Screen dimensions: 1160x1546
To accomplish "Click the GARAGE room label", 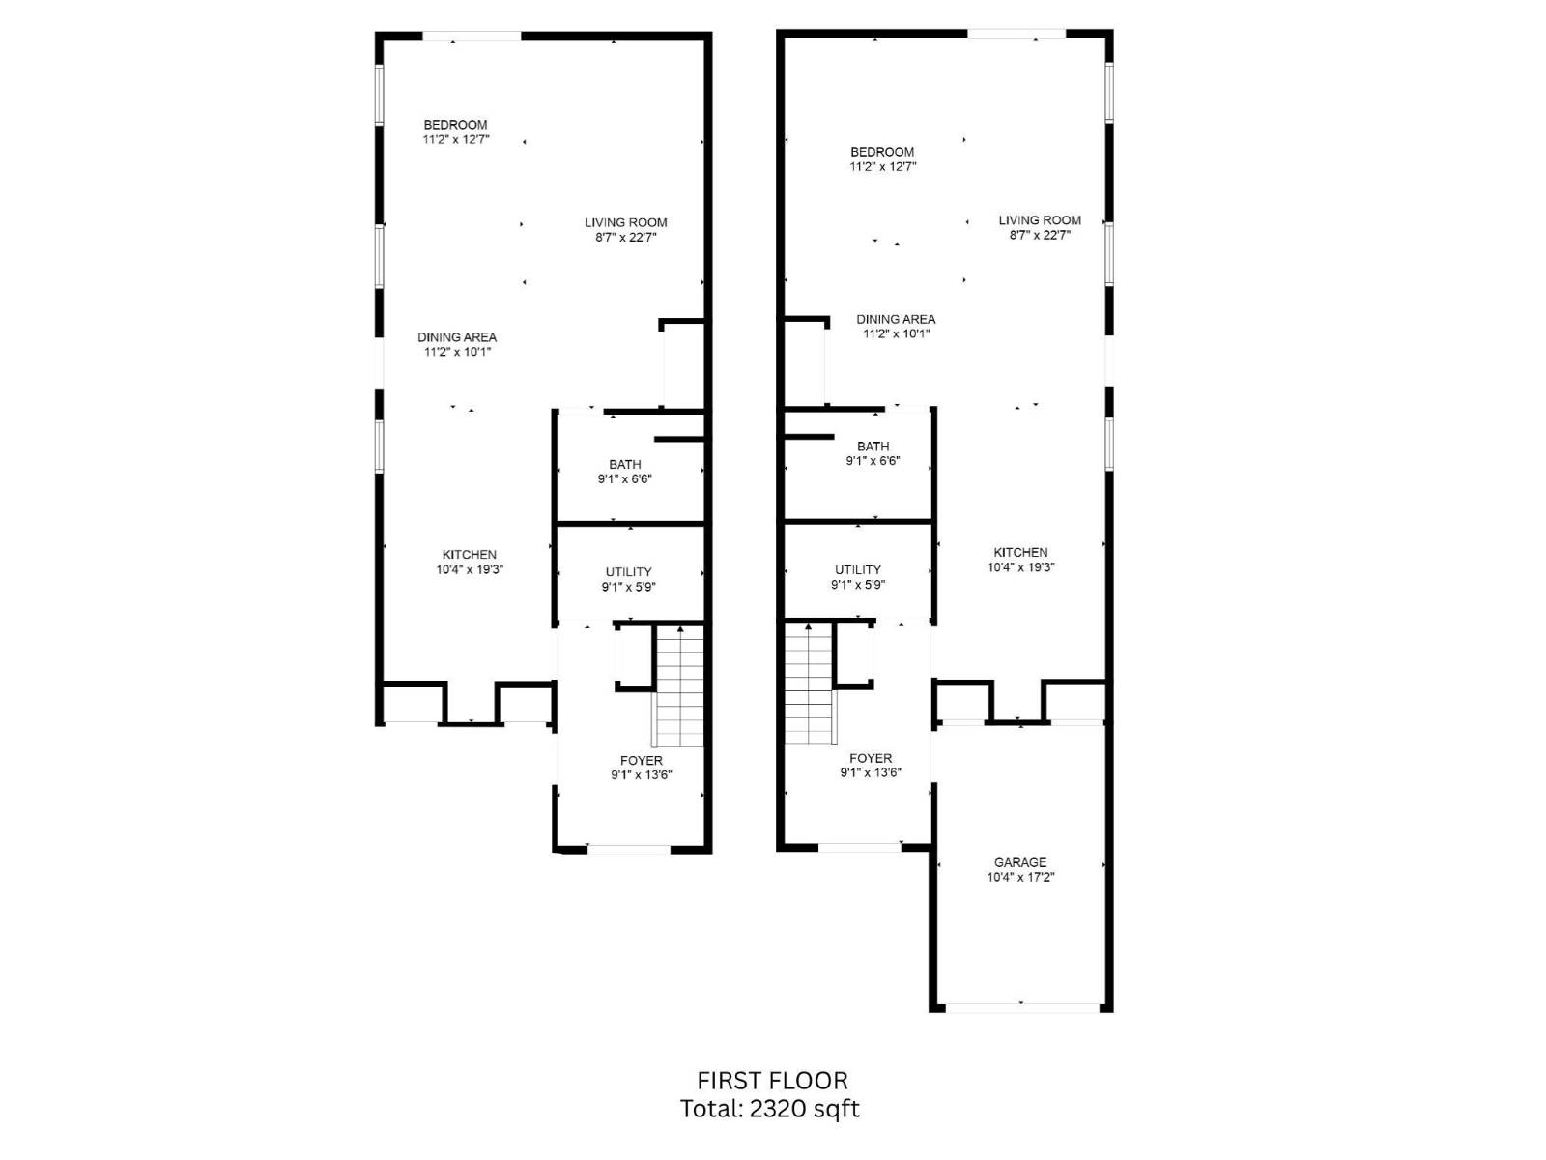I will [1020, 862].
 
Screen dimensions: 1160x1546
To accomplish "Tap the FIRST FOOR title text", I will [772, 1081].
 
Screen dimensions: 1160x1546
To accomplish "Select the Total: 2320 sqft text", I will [769, 1109].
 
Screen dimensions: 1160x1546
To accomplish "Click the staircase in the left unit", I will [680, 685].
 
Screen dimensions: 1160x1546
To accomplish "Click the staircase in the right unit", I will [809, 683].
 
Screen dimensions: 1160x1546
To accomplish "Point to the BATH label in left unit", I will [624, 464].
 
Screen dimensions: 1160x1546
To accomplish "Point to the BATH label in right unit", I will [873, 447].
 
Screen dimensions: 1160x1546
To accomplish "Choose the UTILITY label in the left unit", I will [628, 571].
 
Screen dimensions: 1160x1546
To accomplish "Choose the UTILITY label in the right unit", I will [858, 569].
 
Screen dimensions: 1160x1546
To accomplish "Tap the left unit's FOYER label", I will [641, 761].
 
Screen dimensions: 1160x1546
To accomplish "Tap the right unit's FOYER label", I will [871, 758].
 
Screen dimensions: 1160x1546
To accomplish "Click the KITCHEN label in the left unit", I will [470, 555].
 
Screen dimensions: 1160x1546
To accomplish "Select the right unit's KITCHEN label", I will [1020, 552].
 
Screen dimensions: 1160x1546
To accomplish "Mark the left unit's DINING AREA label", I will [457, 337].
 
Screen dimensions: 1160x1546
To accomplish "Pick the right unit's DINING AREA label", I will [896, 319].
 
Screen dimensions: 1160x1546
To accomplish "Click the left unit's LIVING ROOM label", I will [625, 222].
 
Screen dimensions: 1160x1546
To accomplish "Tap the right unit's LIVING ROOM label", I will [1040, 219].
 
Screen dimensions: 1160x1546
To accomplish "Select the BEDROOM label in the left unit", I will [455, 125].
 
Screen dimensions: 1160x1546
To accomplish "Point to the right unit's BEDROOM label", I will [882, 152].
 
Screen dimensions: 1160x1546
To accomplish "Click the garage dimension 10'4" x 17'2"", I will [1020, 878].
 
